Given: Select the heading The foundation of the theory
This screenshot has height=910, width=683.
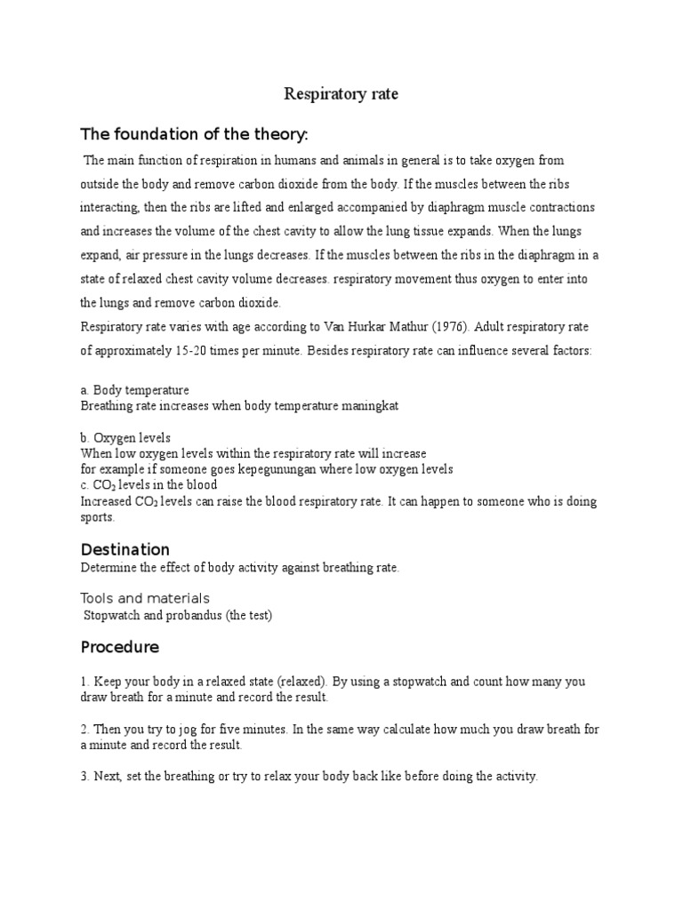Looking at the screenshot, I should [x=195, y=134].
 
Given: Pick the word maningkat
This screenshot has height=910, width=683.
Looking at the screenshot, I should [x=369, y=405].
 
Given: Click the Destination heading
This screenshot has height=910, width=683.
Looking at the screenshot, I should [x=125, y=549].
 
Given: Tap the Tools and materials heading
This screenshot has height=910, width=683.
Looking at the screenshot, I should [x=145, y=598].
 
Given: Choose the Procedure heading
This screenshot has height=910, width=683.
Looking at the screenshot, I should [x=120, y=646].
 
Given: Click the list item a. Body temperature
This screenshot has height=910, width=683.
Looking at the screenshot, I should [x=134, y=390].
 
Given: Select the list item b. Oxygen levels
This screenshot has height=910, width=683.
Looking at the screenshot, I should [x=125, y=438].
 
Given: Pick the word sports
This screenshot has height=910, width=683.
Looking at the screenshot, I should [x=97, y=516].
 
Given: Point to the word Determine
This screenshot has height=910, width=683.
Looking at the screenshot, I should [x=108, y=567].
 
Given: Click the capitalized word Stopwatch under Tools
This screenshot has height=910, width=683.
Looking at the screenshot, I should [x=114, y=615].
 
